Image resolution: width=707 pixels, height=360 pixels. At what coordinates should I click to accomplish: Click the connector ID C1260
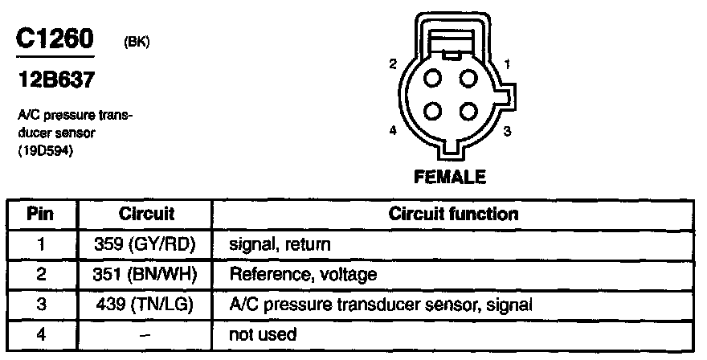[x=55, y=41]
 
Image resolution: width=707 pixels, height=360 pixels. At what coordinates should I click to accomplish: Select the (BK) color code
[x=136, y=44]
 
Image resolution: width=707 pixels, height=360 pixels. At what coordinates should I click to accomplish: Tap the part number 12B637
[x=51, y=80]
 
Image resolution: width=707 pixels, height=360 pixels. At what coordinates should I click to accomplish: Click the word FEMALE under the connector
[x=451, y=175]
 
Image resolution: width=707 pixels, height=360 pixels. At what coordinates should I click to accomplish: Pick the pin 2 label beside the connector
[x=393, y=63]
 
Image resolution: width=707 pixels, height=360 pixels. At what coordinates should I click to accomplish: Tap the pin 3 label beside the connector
[x=508, y=131]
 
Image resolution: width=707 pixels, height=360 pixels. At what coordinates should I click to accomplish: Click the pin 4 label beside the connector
[x=393, y=131]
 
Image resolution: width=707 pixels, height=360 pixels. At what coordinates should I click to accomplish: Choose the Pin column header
[x=40, y=215]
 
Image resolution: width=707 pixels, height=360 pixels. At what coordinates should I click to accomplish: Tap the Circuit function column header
[x=453, y=215]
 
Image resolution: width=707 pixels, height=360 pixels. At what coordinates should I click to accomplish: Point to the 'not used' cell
[x=263, y=334]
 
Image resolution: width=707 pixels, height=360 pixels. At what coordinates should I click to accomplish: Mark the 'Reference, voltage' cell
[x=303, y=274]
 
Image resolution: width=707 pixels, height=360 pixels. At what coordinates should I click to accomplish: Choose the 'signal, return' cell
[x=280, y=243]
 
